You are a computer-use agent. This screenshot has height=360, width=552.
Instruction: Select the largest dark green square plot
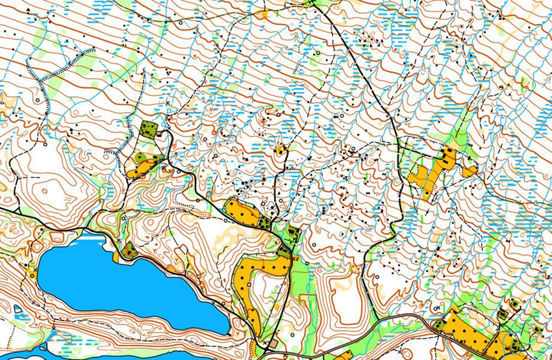click(149, 129)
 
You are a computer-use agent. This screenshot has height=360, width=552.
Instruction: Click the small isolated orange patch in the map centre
click(281, 150)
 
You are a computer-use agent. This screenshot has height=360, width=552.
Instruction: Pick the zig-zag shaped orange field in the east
click(425, 175)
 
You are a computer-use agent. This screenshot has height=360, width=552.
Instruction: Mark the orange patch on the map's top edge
click(262, 12)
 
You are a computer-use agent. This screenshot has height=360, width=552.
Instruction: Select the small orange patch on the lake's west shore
click(31, 272)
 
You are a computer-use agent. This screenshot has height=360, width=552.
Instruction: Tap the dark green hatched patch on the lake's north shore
click(128, 250)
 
